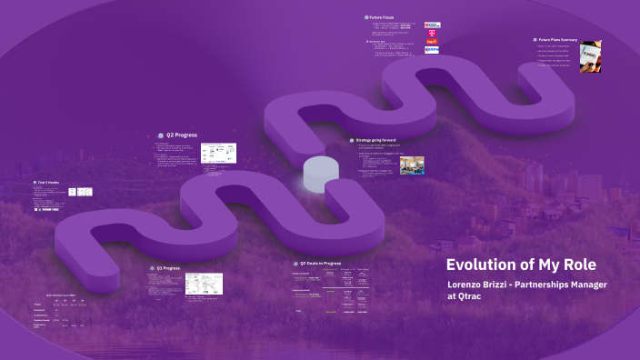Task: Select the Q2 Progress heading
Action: point(182,135)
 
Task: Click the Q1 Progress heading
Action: point(169,268)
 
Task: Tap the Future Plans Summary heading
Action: point(558,40)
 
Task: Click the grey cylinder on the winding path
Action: point(320,174)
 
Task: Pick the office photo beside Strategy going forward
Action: point(412,165)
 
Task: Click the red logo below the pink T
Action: point(432,42)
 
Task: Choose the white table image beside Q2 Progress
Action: point(218,152)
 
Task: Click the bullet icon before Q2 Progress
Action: point(158,135)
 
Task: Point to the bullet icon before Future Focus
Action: point(366,16)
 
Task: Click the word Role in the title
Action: point(578,264)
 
